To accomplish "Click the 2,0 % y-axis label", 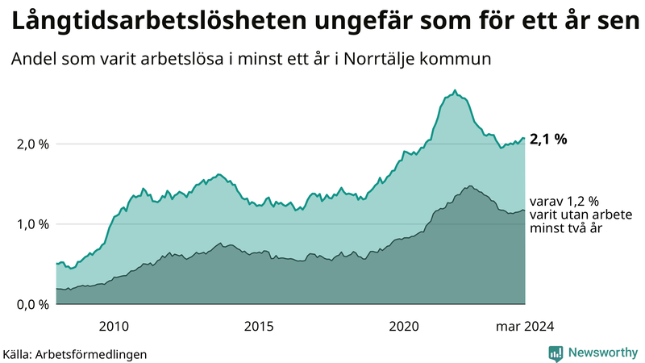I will (x=32, y=144).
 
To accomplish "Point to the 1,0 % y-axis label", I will (x=32, y=224).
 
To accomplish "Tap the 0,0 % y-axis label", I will (x=32, y=304).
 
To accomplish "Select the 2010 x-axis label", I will (x=114, y=326).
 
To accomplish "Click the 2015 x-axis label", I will (x=259, y=326).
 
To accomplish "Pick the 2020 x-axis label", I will (x=404, y=326).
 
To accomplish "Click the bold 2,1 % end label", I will (x=548, y=139).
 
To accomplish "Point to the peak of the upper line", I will (x=456, y=90).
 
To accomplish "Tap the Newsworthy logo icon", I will (x=556, y=353).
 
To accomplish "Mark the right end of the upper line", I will (x=525, y=138).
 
